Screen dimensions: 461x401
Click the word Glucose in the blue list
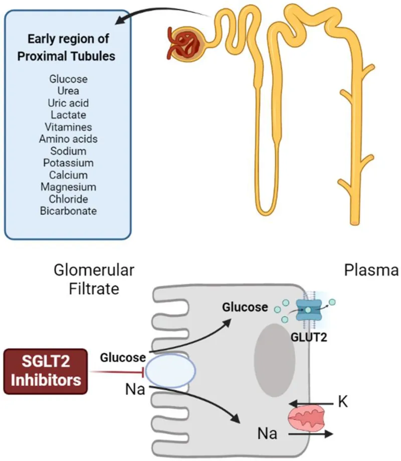(68, 79)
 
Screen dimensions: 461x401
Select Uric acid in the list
(68, 103)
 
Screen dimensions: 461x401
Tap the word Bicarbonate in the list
(68, 211)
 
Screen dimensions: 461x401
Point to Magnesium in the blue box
(68, 187)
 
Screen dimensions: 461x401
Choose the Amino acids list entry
(68, 139)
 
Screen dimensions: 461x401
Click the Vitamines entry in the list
(68, 127)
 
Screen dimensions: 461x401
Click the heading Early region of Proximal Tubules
(66, 49)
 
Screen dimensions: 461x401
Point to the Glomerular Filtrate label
(94, 280)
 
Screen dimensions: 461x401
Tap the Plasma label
(371, 271)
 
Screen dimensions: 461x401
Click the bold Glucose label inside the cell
(246, 307)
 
